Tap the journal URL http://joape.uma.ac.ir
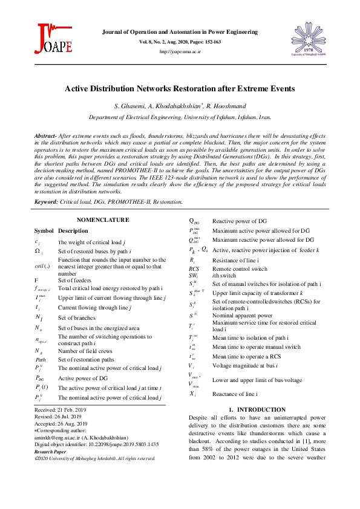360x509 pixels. pos(180,52)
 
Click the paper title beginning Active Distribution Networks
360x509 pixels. pos(180,88)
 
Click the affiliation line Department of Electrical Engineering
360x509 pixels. pos(180,118)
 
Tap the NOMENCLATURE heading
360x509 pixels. pos(103,219)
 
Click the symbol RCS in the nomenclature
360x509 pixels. pos(194,268)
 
